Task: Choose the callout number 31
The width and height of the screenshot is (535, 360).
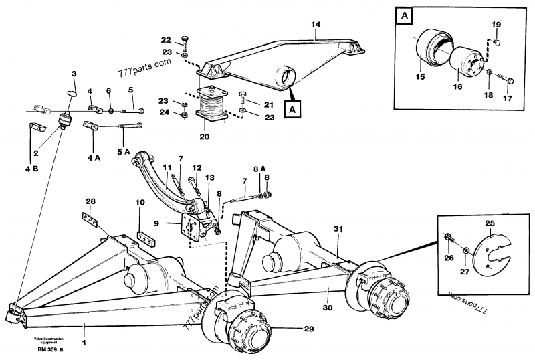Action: (x=338, y=230)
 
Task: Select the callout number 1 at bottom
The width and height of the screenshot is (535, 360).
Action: (x=84, y=327)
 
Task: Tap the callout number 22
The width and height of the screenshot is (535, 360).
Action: (x=167, y=39)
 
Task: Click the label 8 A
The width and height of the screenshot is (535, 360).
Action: (x=259, y=168)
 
